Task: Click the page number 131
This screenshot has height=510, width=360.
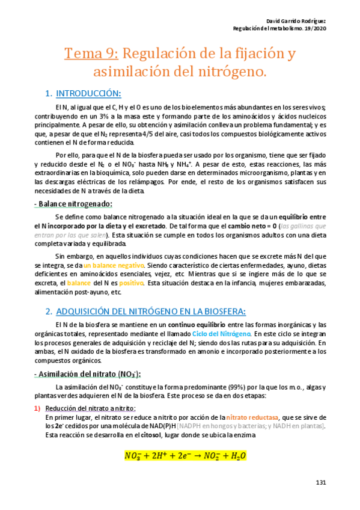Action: pyautogui.click(x=320, y=484)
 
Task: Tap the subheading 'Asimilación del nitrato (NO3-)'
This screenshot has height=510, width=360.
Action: pyautogui.click(x=88, y=373)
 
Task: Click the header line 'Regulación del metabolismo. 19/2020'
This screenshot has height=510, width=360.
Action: pyautogui.click(x=279, y=29)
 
